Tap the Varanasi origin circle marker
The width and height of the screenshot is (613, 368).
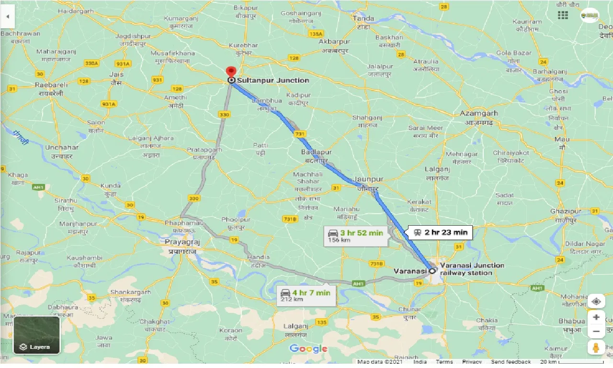(x=432, y=271)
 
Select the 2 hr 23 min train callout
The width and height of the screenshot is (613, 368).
(x=441, y=233)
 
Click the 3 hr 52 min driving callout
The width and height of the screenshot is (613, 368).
(x=355, y=235)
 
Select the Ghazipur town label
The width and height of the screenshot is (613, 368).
(x=566, y=211)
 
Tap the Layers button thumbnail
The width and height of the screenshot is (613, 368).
(x=36, y=335)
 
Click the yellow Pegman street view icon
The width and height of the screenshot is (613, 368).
(x=596, y=347)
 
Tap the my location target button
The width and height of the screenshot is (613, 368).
(x=596, y=301)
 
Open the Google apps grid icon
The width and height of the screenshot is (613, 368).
(x=563, y=15)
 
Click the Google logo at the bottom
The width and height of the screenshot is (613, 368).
(x=308, y=348)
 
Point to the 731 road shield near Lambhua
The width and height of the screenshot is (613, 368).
(x=300, y=134)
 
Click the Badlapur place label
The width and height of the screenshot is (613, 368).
(x=316, y=152)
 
